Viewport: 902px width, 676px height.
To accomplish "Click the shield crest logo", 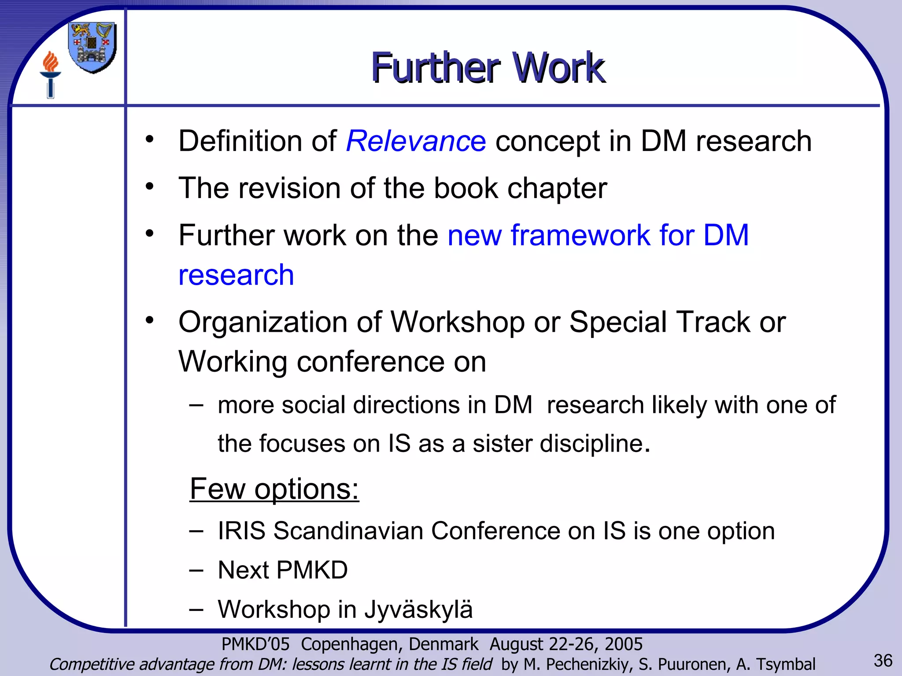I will pyautogui.click(x=92, y=48).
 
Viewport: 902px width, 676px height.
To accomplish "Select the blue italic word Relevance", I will pyautogui.click(x=416, y=141).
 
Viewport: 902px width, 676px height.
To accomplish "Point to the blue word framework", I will pyautogui.click(x=580, y=235).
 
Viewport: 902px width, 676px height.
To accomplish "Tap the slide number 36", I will pyautogui.click(x=883, y=661).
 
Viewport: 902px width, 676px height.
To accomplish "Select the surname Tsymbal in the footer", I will pyautogui.click(x=786, y=664).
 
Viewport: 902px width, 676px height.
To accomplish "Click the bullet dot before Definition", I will pyautogui.click(x=150, y=139).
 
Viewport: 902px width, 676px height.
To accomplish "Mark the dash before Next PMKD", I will pyautogui.click(x=196, y=570).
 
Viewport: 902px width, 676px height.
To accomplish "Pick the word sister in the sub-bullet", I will pyautogui.click(x=502, y=444).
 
